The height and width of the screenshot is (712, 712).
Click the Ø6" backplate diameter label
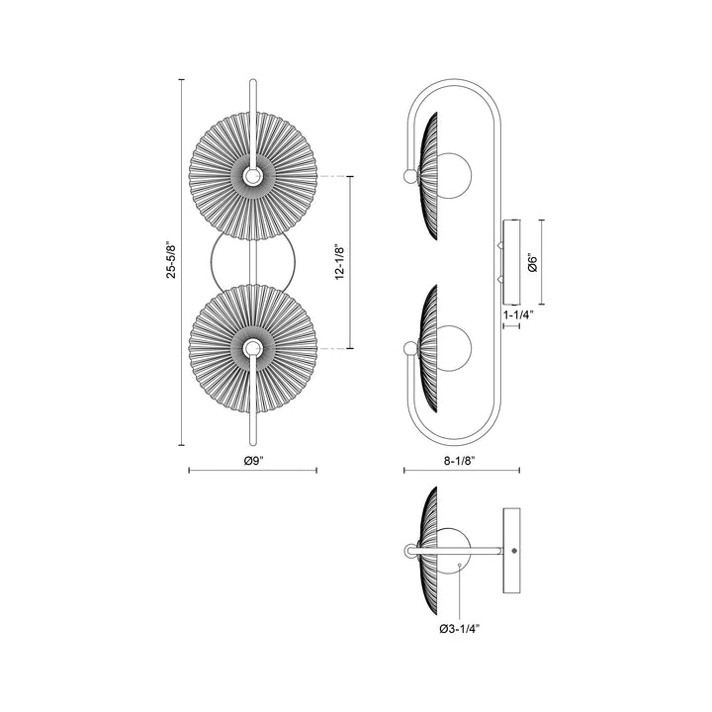531,263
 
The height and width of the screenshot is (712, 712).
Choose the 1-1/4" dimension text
518,315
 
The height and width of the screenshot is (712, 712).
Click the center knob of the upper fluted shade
253,176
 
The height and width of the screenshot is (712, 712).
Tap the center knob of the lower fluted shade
253,348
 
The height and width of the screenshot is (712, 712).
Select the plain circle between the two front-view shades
253,262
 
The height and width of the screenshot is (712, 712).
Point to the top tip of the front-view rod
253,81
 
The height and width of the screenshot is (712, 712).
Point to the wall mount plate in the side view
510,262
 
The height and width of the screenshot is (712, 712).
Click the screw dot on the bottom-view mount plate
514,550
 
